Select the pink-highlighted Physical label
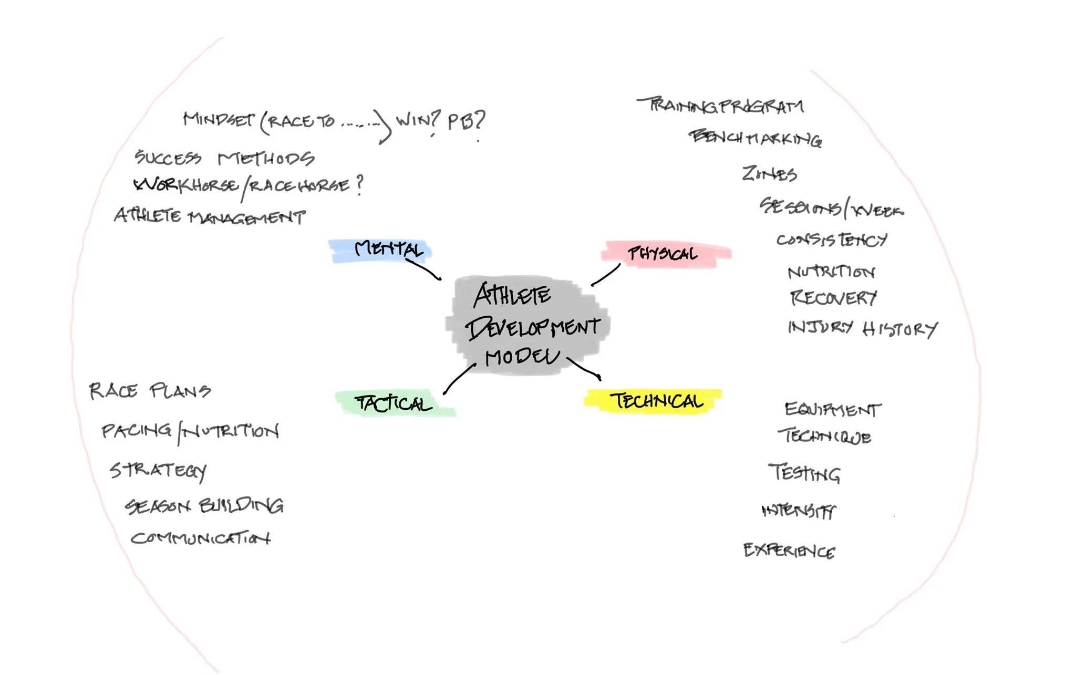(x=663, y=254)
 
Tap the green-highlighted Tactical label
(x=393, y=403)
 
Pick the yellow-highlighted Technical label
(x=656, y=401)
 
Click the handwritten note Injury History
(x=862, y=328)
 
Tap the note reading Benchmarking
(x=756, y=138)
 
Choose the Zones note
(x=769, y=173)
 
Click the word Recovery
(x=833, y=298)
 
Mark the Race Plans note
(x=150, y=391)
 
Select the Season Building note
(x=204, y=505)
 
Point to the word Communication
(x=200, y=538)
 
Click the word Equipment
(x=833, y=409)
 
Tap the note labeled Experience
(x=789, y=551)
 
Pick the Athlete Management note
(x=210, y=216)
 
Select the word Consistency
(x=832, y=240)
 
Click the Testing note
(x=804, y=473)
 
